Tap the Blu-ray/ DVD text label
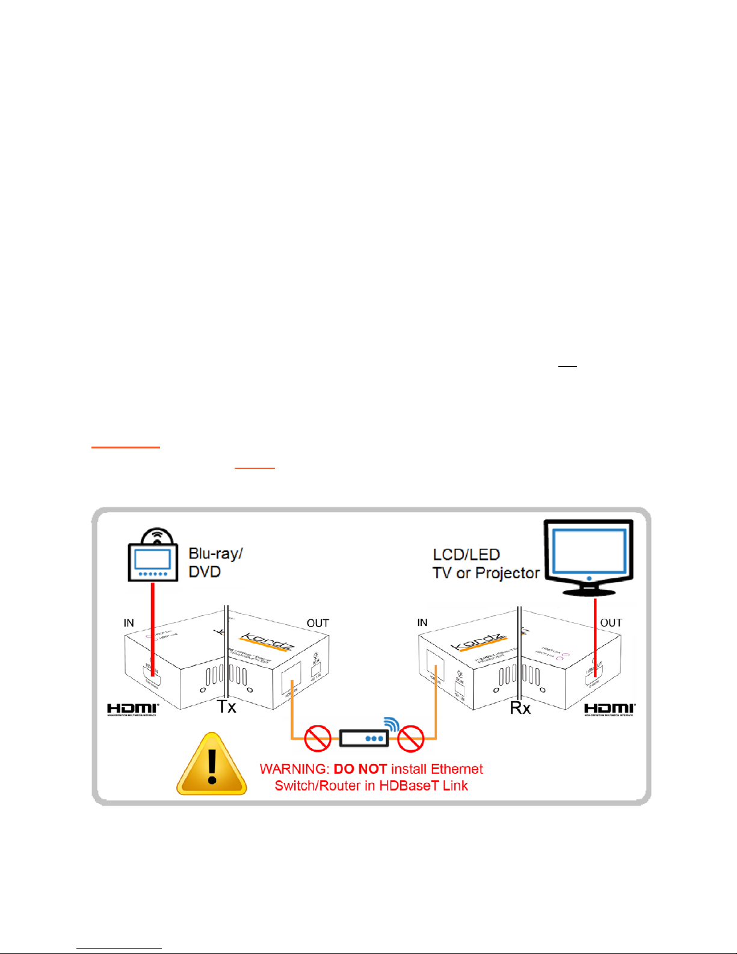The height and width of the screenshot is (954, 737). coord(215,562)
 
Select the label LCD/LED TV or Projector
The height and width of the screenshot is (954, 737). coord(486,563)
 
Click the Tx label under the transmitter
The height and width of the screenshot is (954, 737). coord(227,707)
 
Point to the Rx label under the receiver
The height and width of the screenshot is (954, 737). coord(520,708)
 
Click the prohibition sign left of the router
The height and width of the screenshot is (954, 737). coord(318,738)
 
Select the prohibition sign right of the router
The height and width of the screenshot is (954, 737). coord(411,738)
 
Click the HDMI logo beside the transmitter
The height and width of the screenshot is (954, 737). coord(132,709)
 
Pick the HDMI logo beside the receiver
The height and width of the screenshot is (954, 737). coord(609,709)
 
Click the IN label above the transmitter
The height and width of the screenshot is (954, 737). coord(129,623)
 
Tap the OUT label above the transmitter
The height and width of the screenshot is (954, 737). coord(318,623)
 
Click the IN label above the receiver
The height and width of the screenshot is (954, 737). coord(422,622)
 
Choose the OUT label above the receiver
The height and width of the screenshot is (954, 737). coord(611,623)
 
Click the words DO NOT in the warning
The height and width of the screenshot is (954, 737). coord(360,769)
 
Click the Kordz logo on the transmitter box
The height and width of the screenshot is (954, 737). coord(266,642)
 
